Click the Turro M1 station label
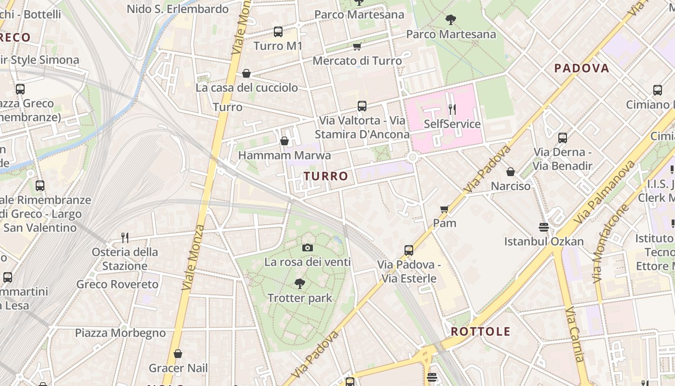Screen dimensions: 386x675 (x=278, y=46)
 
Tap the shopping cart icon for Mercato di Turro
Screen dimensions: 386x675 (x=357, y=46)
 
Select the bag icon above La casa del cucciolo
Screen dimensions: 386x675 (x=246, y=73)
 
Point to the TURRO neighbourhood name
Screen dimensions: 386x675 (x=326, y=176)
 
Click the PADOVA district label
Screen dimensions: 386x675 (x=581, y=68)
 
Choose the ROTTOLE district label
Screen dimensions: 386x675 (x=481, y=331)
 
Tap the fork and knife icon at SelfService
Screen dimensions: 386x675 (x=452, y=110)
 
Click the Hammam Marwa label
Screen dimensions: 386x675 (x=284, y=155)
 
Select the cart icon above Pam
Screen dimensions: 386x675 (x=445, y=209)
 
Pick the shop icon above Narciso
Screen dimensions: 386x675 (x=511, y=172)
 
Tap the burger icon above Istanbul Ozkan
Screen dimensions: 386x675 (x=544, y=227)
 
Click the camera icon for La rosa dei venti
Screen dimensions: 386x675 (x=307, y=248)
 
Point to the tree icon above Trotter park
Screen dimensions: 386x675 (x=300, y=283)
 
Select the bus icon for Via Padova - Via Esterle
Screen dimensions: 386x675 (x=409, y=250)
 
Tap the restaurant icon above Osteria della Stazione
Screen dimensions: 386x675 (x=125, y=237)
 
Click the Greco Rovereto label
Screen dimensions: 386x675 (x=117, y=284)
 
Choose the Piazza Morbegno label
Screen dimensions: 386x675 (x=120, y=333)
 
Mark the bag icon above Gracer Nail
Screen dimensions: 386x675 (x=178, y=354)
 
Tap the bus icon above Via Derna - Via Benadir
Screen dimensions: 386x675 (x=562, y=138)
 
